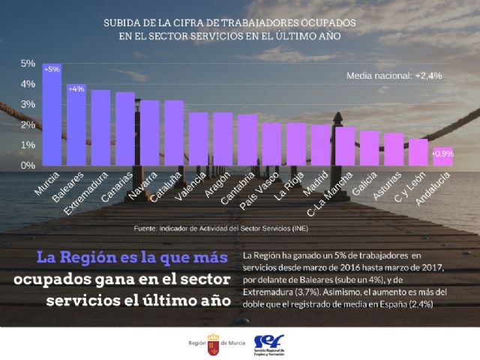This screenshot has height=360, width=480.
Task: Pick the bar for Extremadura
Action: point(100,127)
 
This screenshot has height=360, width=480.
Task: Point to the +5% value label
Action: point(52,70)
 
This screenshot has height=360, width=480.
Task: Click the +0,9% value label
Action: point(442,154)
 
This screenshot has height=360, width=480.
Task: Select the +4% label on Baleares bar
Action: point(76,89)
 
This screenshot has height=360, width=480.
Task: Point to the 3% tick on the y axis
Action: point(27,104)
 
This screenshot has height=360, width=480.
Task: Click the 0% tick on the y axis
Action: point(27,165)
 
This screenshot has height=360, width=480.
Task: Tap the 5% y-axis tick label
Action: point(27,64)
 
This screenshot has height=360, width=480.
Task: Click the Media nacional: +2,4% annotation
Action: point(393,76)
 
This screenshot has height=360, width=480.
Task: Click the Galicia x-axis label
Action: point(365,187)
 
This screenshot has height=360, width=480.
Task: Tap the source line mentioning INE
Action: point(220,228)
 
